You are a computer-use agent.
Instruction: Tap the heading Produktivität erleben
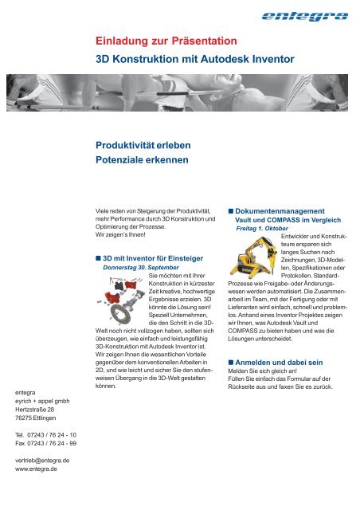pos(143,145)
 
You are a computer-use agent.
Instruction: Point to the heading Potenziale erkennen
pos(143,160)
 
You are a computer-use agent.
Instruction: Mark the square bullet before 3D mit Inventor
pos(97,258)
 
